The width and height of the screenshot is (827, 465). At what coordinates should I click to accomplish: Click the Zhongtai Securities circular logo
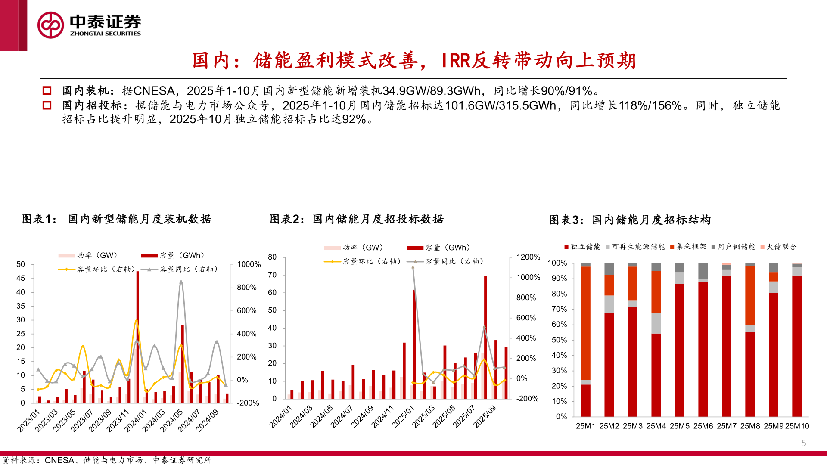click(51, 25)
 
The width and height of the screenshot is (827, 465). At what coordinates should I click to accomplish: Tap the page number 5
click(803, 443)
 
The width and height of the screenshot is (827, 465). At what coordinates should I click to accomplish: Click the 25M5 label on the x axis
click(680, 426)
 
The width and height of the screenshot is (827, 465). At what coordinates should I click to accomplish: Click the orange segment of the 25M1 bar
click(586, 323)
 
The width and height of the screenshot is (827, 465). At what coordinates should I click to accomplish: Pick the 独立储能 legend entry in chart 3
click(582, 247)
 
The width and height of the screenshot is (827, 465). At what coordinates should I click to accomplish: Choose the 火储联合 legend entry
click(779, 247)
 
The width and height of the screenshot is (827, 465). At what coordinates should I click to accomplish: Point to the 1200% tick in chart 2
click(528, 257)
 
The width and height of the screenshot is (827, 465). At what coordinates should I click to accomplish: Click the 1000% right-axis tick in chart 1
click(249, 264)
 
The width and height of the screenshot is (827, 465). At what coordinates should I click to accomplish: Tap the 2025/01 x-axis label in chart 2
click(403, 416)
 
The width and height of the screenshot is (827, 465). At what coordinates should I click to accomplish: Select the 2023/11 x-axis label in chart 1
click(118, 421)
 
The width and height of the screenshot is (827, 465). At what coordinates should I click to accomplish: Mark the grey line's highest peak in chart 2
click(413, 267)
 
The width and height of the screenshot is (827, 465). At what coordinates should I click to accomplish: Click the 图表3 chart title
click(630, 220)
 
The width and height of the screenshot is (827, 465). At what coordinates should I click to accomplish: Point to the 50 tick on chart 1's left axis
click(21, 264)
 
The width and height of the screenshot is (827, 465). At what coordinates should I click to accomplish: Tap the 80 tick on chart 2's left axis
click(272, 257)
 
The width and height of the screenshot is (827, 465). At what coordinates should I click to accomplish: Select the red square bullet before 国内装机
click(47, 91)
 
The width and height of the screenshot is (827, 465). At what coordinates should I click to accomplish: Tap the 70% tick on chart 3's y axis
click(559, 309)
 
